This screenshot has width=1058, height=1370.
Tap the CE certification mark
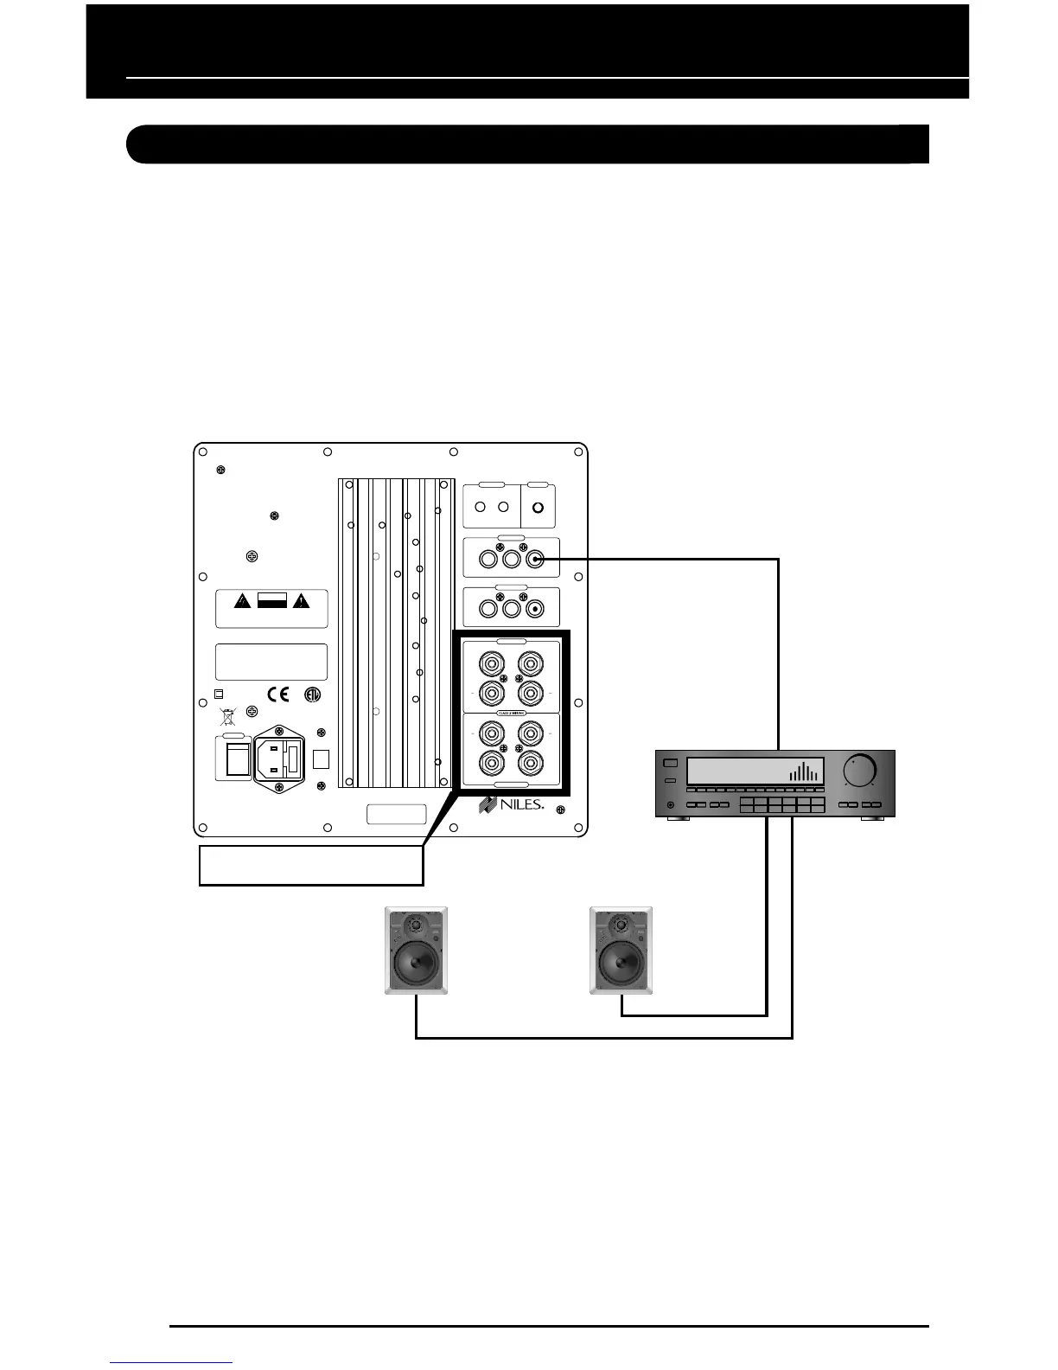tap(277, 695)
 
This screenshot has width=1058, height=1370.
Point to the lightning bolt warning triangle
tap(244, 602)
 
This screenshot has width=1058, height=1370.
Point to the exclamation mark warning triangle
tap(300, 602)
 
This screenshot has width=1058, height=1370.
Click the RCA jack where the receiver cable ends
tap(536, 559)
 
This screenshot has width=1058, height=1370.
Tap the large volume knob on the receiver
tap(861, 769)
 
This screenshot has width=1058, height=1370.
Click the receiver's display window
tap(755, 771)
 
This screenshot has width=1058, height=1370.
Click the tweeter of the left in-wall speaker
tap(417, 925)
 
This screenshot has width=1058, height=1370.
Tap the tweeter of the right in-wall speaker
tap(621, 925)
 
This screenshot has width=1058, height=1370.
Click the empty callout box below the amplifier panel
tap(311, 866)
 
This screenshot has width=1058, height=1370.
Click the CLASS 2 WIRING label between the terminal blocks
tap(511, 712)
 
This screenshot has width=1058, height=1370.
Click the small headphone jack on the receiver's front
tap(671, 806)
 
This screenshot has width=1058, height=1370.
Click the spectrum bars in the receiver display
tap(805, 771)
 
